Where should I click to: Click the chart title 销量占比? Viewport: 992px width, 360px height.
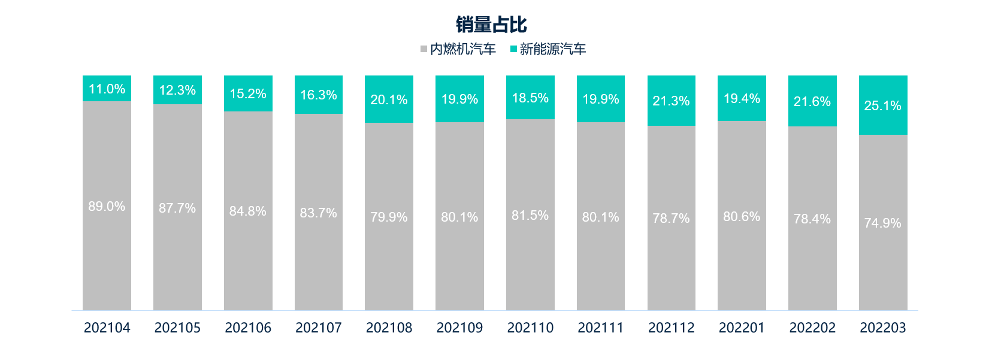coord(491,25)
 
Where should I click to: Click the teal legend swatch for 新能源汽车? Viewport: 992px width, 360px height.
coord(513,49)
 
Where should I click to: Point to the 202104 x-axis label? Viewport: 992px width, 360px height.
coord(107,328)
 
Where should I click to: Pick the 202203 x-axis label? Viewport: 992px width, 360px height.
coord(882,328)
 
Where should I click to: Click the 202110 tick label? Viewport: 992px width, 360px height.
coord(530,328)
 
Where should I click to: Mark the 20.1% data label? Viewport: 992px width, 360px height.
coord(389,99)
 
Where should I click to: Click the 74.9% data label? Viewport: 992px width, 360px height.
coord(882,223)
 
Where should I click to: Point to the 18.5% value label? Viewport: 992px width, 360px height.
coord(530,98)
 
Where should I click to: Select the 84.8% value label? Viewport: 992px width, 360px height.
coord(247,211)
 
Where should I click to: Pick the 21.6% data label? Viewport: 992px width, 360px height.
coord(812,101)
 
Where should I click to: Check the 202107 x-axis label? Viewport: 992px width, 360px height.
coord(318,328)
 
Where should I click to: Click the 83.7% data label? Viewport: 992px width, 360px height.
coord(318,213)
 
